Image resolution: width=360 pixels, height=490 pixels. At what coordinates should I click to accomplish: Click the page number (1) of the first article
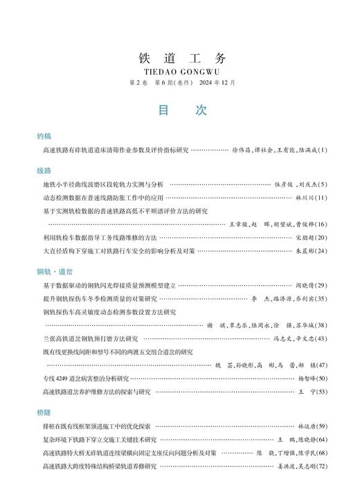pos(322,150)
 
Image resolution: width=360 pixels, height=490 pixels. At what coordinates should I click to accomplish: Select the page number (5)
pos(322,185)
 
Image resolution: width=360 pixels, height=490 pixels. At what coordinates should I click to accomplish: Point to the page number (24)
pos(321,251)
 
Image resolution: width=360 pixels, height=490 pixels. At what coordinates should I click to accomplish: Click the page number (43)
pos(321,338)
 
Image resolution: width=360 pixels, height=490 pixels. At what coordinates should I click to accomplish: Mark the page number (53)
pos(321,392)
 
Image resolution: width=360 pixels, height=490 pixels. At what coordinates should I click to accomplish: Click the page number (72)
pos(321,466)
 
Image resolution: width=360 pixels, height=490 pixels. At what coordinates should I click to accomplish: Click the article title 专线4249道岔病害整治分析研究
pos(86,379)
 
